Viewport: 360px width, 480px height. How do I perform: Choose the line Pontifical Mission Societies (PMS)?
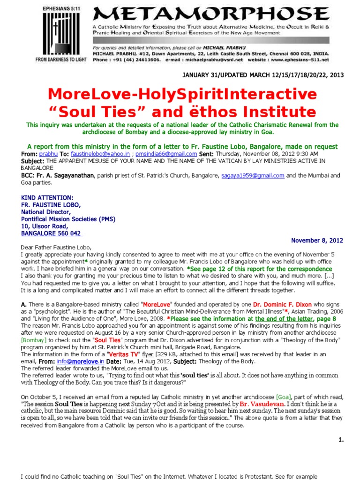68,218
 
